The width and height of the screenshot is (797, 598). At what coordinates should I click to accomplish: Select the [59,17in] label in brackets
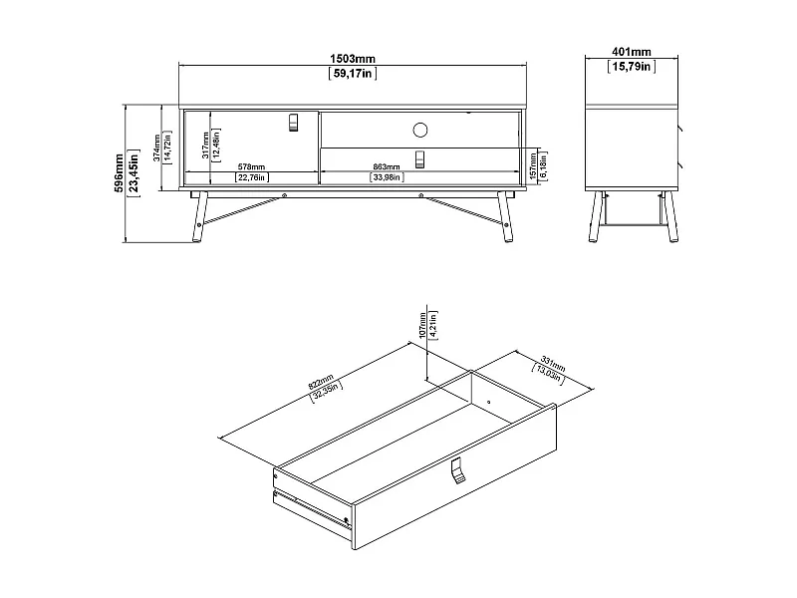[353, 73]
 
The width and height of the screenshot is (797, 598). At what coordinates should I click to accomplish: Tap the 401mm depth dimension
[631, 52]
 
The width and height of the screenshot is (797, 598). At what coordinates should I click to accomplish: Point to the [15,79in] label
[631, 66]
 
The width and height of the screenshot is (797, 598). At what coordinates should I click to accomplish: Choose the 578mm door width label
[251, 166]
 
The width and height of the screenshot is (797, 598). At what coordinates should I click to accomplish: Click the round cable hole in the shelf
[419, 129]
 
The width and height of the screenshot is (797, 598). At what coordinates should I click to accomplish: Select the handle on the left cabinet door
[293, 122]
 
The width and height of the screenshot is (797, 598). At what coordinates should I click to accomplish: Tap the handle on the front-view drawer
[419, 157]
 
